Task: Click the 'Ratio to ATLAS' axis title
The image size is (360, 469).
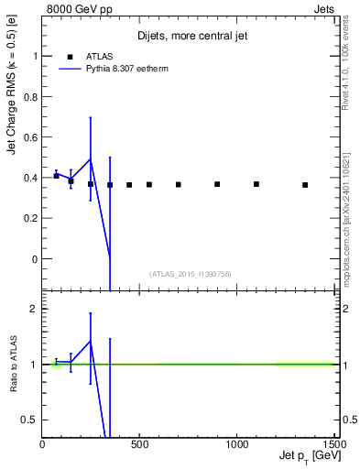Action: click(13, 364)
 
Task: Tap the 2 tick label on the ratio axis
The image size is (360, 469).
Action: click(34, 309)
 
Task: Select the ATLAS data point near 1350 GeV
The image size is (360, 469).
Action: click(305, 185)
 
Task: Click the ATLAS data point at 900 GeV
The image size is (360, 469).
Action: click(217, 184)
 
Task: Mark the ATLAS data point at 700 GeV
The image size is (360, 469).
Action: click(179, 184)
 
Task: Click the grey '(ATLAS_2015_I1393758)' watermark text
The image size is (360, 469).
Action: click(189, 274)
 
